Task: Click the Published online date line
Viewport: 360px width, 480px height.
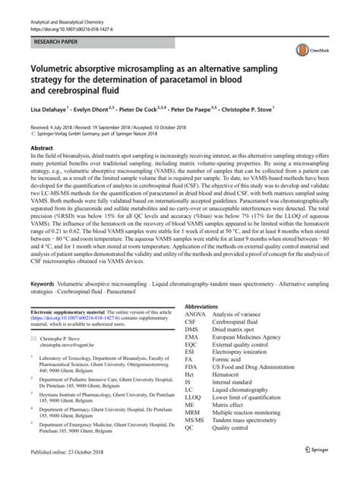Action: coord(67,472)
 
